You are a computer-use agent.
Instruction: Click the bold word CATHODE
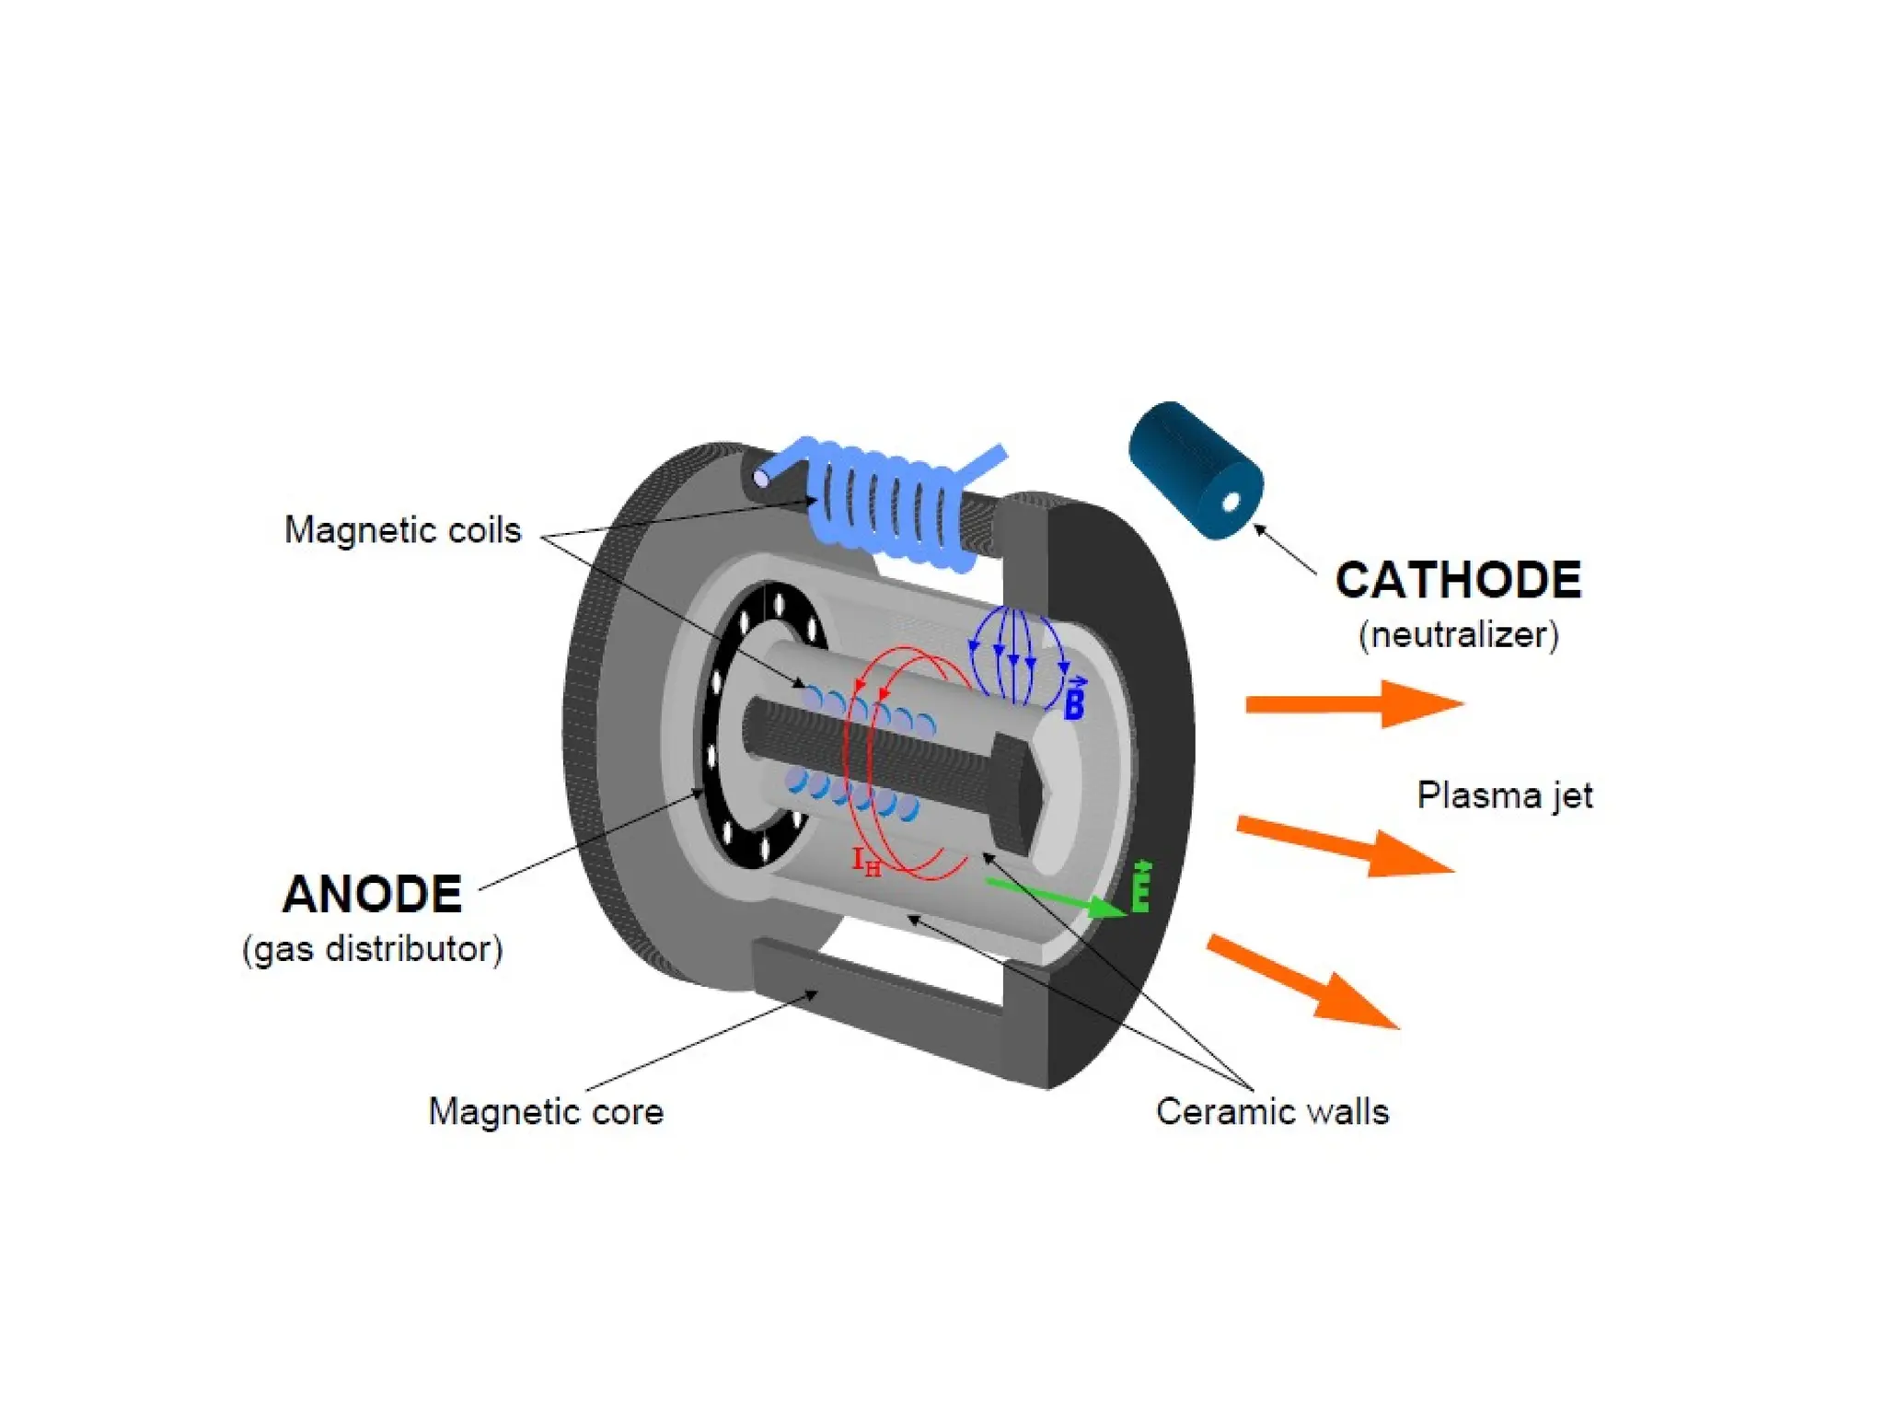[x=1458, y=580]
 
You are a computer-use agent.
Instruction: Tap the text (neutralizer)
[x=1459, y=634]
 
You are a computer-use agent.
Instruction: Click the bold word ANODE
[x=372, y=894]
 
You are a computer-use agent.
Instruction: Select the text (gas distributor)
[x=372, y=949]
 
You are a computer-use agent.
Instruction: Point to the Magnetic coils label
[x=402, y=530]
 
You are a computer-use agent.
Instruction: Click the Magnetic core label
[x=546, y=1111]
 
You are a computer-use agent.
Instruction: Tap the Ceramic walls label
[x=1272, y=1111]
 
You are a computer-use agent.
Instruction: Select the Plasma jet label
[x=1504, y=795]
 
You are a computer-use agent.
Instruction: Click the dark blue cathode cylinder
[x=1195, y=469]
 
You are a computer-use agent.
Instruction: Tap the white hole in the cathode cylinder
[x=1232, y=502]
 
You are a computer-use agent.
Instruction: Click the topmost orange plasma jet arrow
[x=1354, y=704]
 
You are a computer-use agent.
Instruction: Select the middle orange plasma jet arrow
[x=1346, y=845]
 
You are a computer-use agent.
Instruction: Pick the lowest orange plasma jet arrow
[x=1304, y=981]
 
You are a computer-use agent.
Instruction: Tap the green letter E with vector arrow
[x=1141, y=887]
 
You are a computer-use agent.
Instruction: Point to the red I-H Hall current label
[x=866, y=863]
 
